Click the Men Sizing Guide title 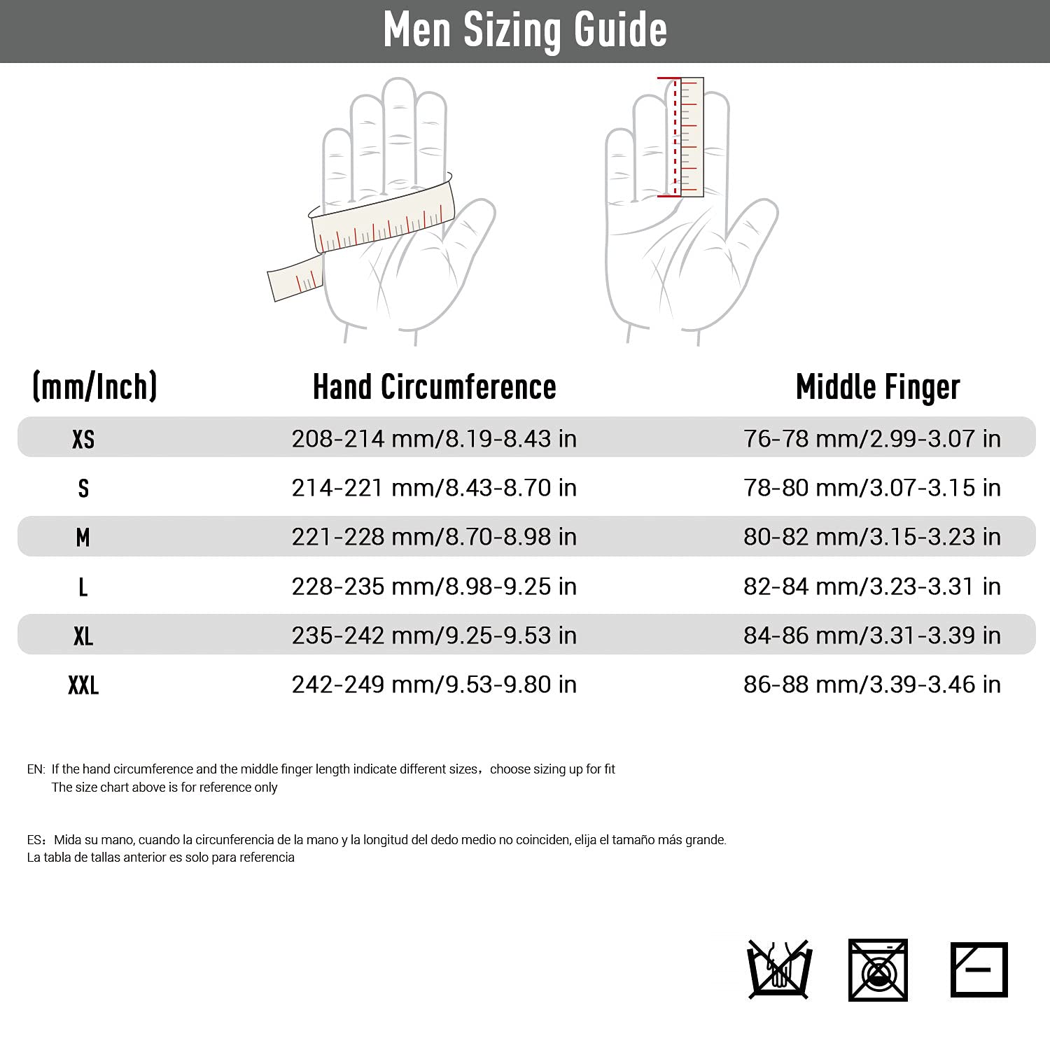tap(525, 30)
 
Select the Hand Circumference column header tap(434, 387)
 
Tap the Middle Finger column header tap(878, 387)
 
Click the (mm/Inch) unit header tap(94, 387)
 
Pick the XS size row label tap(83, 439)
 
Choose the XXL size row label tap(83, 685)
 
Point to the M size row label tap(83, 537)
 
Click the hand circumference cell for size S tap(434, 488)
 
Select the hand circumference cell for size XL tap(434, 636)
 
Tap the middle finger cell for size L tap(872, 587)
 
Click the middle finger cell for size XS tap(872, 439)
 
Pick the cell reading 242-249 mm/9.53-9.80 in tap(434, 685)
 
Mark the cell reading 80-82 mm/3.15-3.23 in tap(872, 537)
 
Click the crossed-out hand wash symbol tap(778, 969)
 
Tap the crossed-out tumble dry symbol tap(878, 969)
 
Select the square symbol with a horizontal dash tap(979, 969)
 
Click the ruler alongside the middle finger tap(691, 136)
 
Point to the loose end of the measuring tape tap(294, 279)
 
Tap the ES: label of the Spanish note tap(36, 839)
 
